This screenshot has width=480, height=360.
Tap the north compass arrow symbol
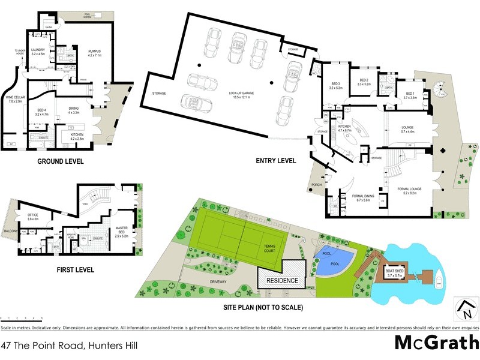[x=463, y=310]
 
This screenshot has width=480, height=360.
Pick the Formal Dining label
[x=364, y=197]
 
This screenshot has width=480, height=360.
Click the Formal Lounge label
[x=409, y=191]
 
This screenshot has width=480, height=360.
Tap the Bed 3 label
[x=335, y=86]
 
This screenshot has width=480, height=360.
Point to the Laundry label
[x=38, y=52]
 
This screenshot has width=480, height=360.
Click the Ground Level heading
[x=61, y=162]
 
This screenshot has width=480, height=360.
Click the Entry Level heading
[x=276, y=161]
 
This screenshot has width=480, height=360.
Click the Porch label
[x=317, y=185]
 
